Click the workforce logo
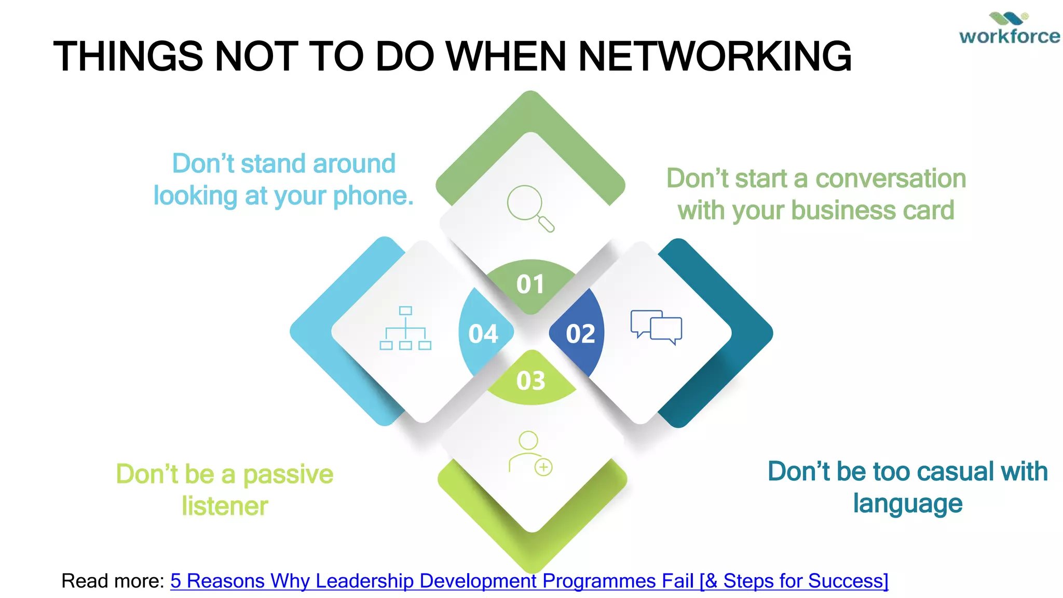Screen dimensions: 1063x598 tap(1009, 29)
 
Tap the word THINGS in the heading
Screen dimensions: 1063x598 tap(128, 56)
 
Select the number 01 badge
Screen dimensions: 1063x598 tap(530, 284)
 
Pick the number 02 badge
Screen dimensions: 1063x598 tap(580, 334)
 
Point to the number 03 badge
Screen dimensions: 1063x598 tap(530, 380)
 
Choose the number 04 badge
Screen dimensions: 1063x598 tap(483, 334)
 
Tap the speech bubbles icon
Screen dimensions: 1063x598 tap(656, 327)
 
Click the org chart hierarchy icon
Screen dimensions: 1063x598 tap(405, 328)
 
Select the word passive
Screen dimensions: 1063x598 tap(288, 474)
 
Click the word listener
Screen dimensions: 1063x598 tap(225, 506)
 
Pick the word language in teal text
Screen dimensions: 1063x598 tap(908, 504)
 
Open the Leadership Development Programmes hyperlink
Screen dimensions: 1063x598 tap(529, 581)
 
